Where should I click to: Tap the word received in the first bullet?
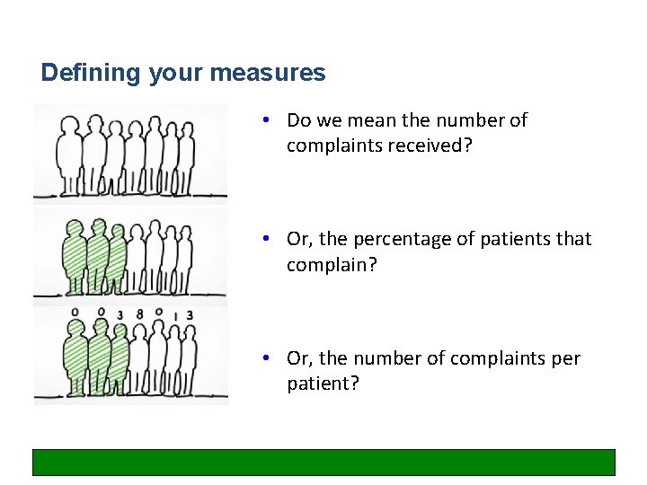click(x=431, y=145)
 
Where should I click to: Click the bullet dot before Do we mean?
click(x=267, y=119)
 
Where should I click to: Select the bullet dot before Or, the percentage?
click(x=267, y=239)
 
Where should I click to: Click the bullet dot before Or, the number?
click(x=267, y=358)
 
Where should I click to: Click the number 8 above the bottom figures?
click(x=139, y=314)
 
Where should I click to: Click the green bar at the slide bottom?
click(x=323, y=462)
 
